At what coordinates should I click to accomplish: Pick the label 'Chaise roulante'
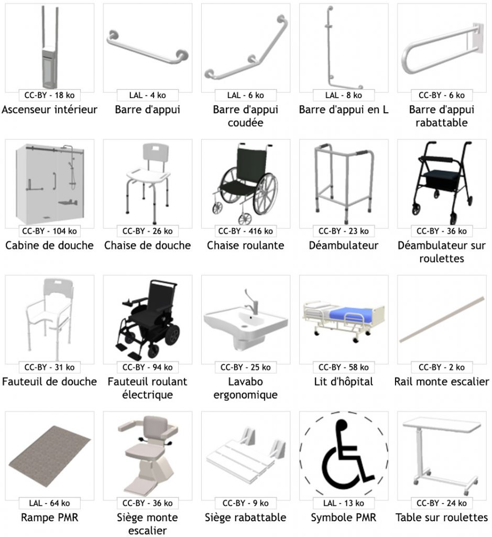point(245,245)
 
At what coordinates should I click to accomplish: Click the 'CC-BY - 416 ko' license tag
point(245,231)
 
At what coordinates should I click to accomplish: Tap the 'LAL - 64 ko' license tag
point(50,503)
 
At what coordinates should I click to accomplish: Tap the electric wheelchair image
point(148,317)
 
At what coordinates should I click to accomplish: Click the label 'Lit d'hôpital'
point(344,381)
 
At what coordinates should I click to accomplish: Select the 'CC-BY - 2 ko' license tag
point(442,367)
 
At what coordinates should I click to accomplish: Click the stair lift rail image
point(442,320)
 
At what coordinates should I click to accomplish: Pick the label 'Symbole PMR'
point(344,518)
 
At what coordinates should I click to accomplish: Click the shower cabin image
point(50,181)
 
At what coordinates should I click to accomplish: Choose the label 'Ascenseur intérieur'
point(50,110)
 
